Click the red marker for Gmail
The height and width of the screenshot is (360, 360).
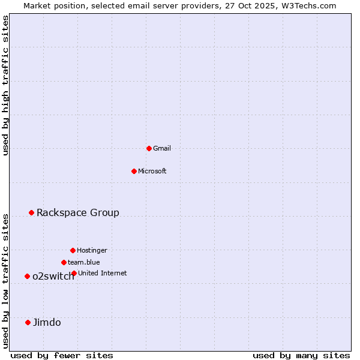click(x=149, y=148)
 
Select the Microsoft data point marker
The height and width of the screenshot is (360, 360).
click(x=134, y=171)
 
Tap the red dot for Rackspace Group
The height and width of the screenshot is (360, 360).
click(x=31, y=212)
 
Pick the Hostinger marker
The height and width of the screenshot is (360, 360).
click(x=73, y=250)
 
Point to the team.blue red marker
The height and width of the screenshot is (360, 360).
click(x=64, y=262)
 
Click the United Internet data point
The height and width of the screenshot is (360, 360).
click(x=74, y=273)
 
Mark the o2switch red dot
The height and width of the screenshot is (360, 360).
click(x=27, y=276)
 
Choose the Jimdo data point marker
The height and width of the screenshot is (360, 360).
click(x=28, y=322)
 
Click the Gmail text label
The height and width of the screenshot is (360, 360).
click(x=162, y=148)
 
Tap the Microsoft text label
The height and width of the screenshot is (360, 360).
click(x=152, y=171)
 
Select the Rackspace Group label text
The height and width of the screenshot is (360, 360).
click(x=78, y=212)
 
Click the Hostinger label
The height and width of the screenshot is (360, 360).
click(x=92, y=250)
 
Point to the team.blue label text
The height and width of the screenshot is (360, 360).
click(x=84, y=262)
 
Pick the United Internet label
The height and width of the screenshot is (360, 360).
click(x=103, y=273)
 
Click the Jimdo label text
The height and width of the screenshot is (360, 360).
click(x=47, y=322)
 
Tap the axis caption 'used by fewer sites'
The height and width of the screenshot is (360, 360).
click(x=62, y=355)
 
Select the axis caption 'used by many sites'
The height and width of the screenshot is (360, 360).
click(x=301, y=355)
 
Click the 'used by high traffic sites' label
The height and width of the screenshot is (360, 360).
click(x=6, y=85)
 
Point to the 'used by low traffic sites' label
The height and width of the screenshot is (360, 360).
click(x=6, y=281)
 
